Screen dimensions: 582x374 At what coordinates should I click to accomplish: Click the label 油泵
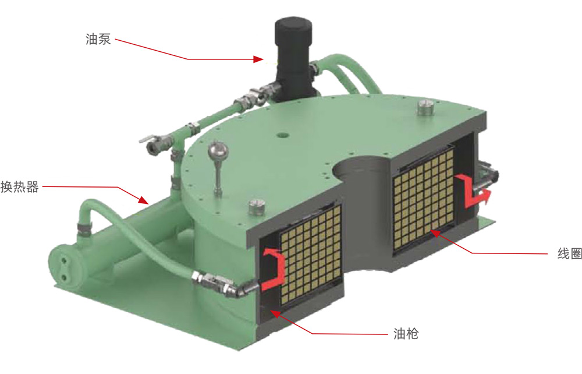point(98,39)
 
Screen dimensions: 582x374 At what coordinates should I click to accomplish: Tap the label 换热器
point(20,186)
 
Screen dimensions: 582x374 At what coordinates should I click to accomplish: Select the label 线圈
point(569,253)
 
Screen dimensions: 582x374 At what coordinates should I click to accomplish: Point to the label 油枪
point(406,334)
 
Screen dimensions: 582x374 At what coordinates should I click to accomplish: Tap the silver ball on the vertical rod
point(218,150)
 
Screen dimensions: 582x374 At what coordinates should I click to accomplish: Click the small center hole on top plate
point(283,134)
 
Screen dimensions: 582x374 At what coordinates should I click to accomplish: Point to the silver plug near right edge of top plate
point(426,107)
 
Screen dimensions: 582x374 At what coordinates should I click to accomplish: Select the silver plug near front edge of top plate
point(257,206)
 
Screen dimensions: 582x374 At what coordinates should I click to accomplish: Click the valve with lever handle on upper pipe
point(156,143)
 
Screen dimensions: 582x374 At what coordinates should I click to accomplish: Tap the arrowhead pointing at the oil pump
point(259,59)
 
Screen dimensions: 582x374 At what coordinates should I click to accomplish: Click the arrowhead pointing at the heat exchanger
point(144,200)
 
